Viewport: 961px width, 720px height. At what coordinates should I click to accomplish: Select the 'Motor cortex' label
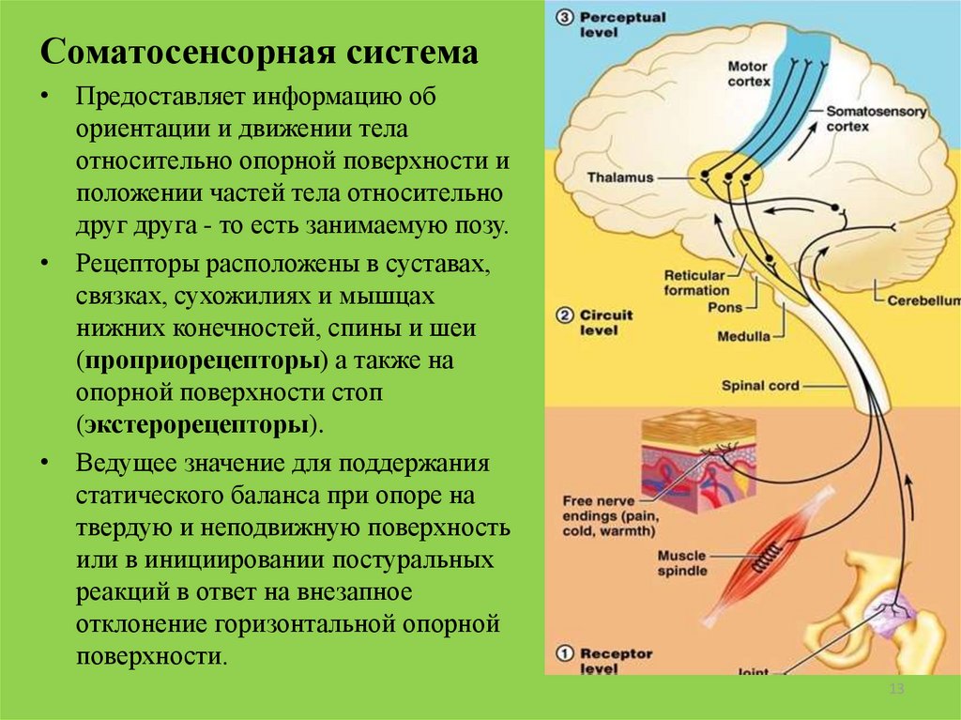[749, 74]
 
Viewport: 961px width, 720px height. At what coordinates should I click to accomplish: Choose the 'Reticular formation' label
[695, 283]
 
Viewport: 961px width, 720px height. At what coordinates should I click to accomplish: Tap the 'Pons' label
[725, 307]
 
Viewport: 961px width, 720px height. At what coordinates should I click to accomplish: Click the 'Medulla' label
[743, 335]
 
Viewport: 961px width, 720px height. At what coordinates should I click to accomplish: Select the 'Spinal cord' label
[760, 385]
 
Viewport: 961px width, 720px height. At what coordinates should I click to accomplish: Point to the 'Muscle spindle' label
[681, 563]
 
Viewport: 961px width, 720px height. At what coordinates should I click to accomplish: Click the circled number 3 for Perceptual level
[563, 16]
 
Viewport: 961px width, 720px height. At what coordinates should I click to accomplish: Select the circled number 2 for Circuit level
[563, 314]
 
